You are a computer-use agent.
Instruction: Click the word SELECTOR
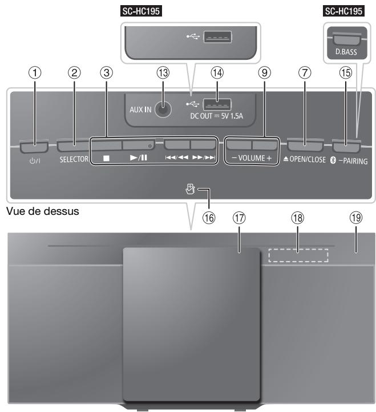pyautogui.click(x=72, y=160)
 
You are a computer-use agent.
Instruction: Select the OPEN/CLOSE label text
pyautogui.click(x=306, y=160)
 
